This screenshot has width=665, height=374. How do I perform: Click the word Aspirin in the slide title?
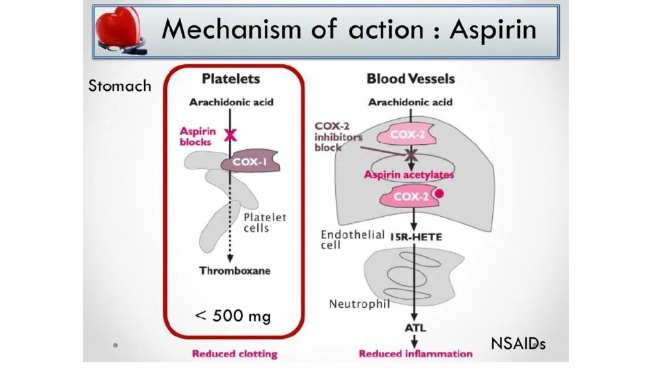[494, 30]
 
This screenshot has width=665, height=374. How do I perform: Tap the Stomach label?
[119, 86]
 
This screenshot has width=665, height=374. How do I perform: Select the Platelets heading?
[231, 79]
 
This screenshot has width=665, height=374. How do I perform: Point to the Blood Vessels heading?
[410, 79]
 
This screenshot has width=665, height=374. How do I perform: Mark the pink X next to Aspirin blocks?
[230, 134]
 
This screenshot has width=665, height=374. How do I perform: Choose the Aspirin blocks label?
[197, 136]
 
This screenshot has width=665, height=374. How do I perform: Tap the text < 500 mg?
[233, 316]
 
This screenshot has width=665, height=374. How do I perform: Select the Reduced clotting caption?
[234, 354]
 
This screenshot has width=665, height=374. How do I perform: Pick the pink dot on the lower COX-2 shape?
[439, 193]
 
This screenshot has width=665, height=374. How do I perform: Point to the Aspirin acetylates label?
[409, 175]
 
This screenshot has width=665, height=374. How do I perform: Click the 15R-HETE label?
[416, 238]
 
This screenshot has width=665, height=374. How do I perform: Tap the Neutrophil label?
[359, 304]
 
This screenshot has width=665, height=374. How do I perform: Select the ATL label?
[416, 329]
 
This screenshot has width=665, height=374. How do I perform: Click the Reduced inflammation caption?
[416, 354]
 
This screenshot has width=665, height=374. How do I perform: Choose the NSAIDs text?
[518, 344]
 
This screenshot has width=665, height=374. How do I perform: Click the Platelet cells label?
[265, 223]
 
